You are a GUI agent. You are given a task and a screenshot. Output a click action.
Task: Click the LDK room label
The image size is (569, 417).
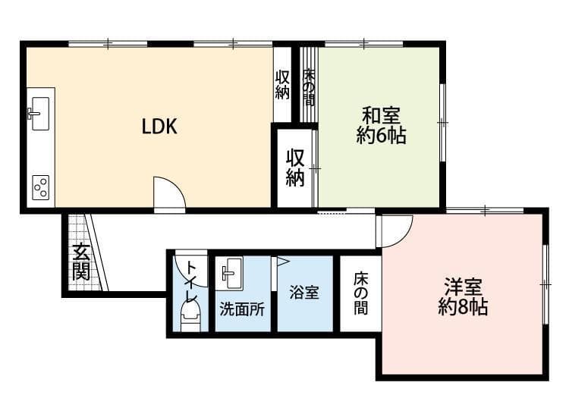pyautogui.click(x=159, y=127)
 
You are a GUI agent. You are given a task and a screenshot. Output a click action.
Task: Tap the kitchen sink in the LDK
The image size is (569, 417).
pyautogui.click(x=39, y=110)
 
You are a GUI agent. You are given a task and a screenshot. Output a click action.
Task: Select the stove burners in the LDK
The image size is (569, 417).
pyautogui.click(x=40, y=186)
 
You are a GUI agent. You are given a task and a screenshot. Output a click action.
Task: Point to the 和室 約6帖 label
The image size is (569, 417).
pyautogui.click(x=381, y=126)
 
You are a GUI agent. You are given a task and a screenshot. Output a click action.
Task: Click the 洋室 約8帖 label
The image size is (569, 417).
pyautogui.click(x=463, y=296)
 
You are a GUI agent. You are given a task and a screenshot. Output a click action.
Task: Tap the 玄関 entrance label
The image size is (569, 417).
pyautogui.click(x=80, y=262)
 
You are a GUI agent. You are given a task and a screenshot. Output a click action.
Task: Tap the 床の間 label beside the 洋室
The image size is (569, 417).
pyautogui.click(x=360, y=293)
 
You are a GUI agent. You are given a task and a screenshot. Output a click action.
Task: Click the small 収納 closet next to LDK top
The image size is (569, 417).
pyautogui.click(x=283, y=84)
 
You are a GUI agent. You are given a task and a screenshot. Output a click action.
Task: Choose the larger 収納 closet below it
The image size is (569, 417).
pyautogui.click(x=295, y=168)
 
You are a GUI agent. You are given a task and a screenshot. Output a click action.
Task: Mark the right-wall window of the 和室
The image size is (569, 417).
pyautogui.click(x=442, y=121)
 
